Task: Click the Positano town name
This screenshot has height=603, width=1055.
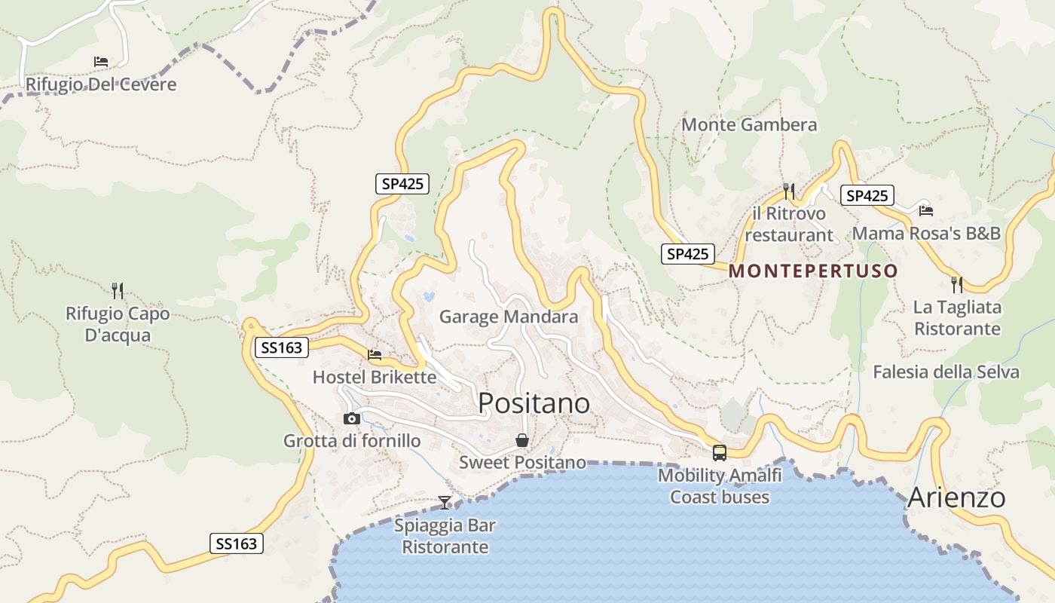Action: tap(534, 404)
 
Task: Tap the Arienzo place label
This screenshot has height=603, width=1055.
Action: tap(956, 498)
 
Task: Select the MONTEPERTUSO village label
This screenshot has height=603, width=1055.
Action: tap(814, 271)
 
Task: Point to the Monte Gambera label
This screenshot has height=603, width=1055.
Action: tap(749, 124)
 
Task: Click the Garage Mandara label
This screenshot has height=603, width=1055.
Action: tap(509, 317)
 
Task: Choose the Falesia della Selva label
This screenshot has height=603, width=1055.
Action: tap(946, 372)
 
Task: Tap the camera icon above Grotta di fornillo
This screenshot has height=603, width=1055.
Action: tap(351, 418)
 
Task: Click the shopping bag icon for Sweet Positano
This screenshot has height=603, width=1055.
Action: tap(521, 440)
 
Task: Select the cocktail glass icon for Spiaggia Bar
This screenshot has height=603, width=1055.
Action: tap(445, 503)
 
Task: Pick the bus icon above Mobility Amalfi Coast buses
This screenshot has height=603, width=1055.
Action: tap(720, 453)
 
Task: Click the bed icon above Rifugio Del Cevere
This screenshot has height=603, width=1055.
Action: tap(101, 62)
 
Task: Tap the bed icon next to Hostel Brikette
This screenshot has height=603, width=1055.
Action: tap(375, 355)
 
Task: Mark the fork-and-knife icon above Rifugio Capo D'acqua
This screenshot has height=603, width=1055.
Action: tap(117, 290)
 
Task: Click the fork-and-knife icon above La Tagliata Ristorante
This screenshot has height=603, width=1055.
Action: tap(957, 285)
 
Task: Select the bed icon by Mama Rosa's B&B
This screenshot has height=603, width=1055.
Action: tap(926, 210)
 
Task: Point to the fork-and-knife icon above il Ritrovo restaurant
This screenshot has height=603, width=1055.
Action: tap(789, 191)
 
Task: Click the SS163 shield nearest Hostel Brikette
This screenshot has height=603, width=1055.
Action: tap(282, 347)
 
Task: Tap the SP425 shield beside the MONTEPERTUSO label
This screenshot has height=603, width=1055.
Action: tap(687, 254)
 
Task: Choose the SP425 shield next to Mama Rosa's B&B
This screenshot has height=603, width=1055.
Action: tap(867, 196)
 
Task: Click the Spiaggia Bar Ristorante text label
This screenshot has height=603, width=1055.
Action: tap(445, 536)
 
